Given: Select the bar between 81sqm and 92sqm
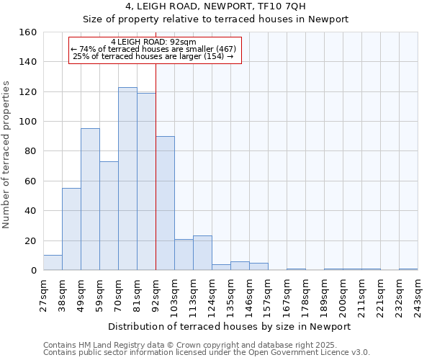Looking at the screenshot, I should [146, 181].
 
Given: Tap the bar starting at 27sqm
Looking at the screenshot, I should [53, 263].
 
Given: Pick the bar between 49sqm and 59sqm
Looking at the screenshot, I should [90, 199].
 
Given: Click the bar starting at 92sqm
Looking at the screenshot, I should [165, 203].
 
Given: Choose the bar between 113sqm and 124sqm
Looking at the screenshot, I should [202, 253].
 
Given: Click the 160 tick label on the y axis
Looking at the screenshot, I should [28, 32].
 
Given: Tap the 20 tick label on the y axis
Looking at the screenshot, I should [31, 240].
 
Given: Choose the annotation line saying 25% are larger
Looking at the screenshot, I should [154, 56].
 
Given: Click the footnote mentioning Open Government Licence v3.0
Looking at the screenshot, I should [207, 353].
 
